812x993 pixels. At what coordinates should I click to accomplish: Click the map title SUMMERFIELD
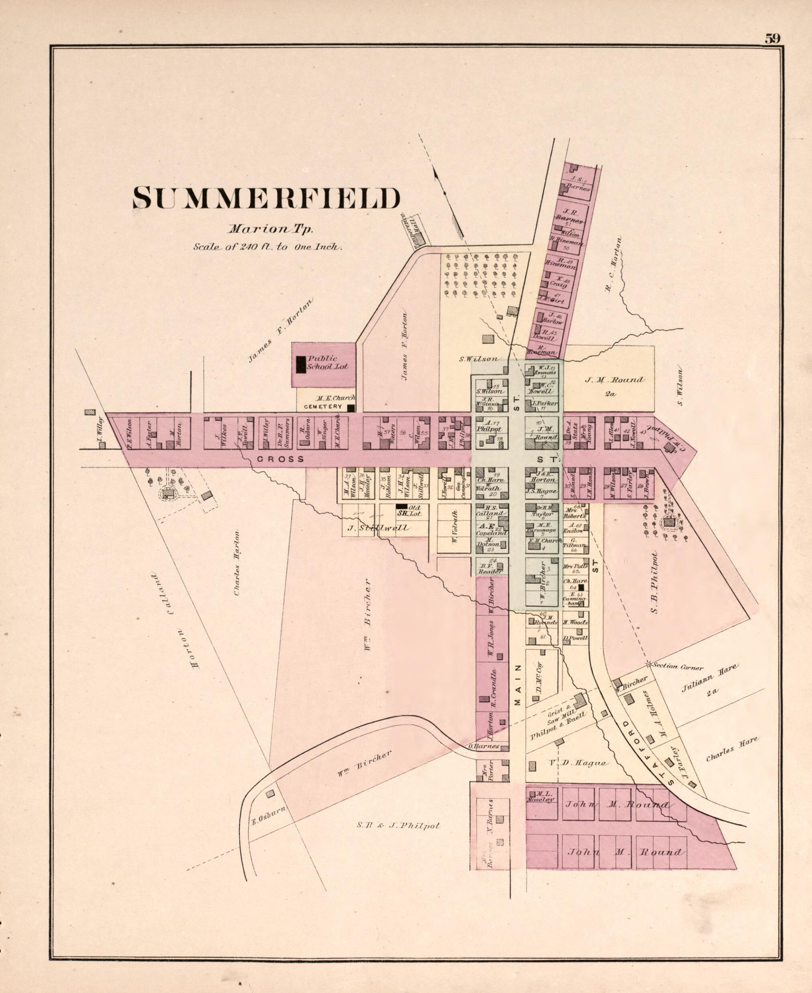[x=266, y=198]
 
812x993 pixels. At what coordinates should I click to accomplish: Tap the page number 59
[x=772, y=39]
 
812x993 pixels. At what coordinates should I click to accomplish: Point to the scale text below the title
[x=267, y=247]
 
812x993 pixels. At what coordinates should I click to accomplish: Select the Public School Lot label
[x=327, y=362]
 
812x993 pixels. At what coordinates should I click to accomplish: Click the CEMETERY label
[x=323, y=407]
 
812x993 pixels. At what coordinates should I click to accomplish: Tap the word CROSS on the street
[x=281, y=459]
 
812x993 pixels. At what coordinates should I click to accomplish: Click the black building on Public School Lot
[x=301, y=364]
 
